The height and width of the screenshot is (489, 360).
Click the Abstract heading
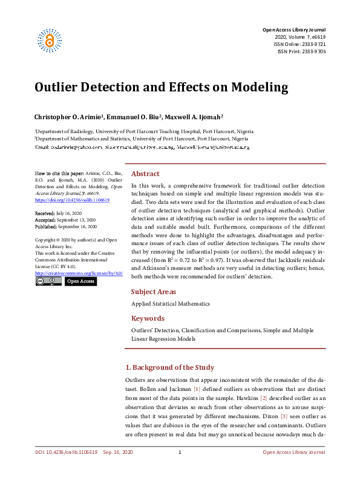[145, 173]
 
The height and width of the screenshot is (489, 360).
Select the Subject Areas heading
[154, 291]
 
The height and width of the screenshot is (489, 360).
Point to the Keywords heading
[148, 318]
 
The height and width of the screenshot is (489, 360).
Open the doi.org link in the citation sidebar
[72, 199]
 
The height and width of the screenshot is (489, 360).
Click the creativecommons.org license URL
[79, 274]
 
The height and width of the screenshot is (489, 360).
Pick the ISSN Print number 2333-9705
[313, 52]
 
